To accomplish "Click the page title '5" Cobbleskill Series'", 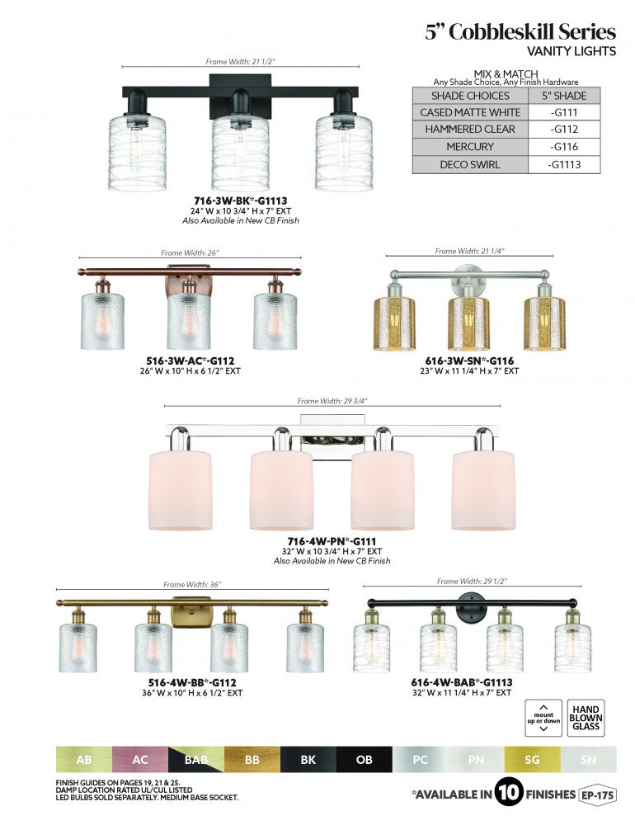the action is [x=520, y=32].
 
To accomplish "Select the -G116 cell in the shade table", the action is [x=564, y=147].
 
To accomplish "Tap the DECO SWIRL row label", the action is [x=470, y=165].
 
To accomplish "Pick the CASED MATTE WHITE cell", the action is [x=470, y=112].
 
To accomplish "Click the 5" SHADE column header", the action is [x=564, y=96].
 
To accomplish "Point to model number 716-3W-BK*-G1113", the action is [x=241, y=201].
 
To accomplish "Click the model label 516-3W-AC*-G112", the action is [x=190, y=361].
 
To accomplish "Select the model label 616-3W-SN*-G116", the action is [x=469, y=361].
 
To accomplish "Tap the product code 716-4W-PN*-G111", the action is [x=332, y=541].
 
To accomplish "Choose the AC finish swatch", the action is [x=140, y=760].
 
